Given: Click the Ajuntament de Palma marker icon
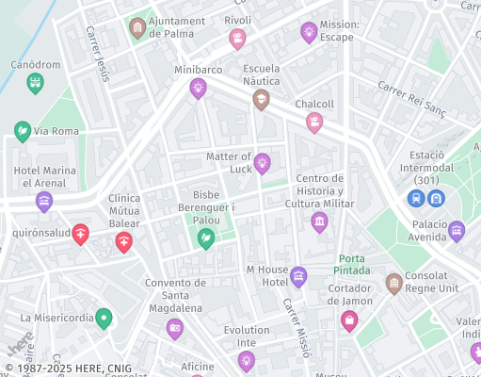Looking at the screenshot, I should [138, 27].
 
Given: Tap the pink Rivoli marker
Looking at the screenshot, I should [238, 39].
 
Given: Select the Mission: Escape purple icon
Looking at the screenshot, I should [309, 33].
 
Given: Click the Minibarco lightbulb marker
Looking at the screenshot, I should [198, 89].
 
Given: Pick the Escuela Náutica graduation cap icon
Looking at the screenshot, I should [262, 99].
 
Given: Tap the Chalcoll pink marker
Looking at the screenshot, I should [314, 123].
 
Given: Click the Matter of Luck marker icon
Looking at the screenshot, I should [263, 164].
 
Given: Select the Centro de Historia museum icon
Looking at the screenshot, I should [319, 222].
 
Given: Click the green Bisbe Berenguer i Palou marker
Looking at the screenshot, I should [205, 239].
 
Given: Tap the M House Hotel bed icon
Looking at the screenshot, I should [298, 277].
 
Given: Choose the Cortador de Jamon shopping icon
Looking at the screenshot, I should [349, 321].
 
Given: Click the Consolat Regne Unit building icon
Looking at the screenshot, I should [394, 283].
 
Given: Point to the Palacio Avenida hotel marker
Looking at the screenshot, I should [457, 231].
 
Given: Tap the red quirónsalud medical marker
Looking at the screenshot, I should [81, 234].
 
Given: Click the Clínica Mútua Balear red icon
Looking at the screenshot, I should [123, 243].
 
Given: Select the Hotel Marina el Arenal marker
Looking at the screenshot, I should [44, 202].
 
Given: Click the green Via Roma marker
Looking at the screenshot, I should [23, 131].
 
